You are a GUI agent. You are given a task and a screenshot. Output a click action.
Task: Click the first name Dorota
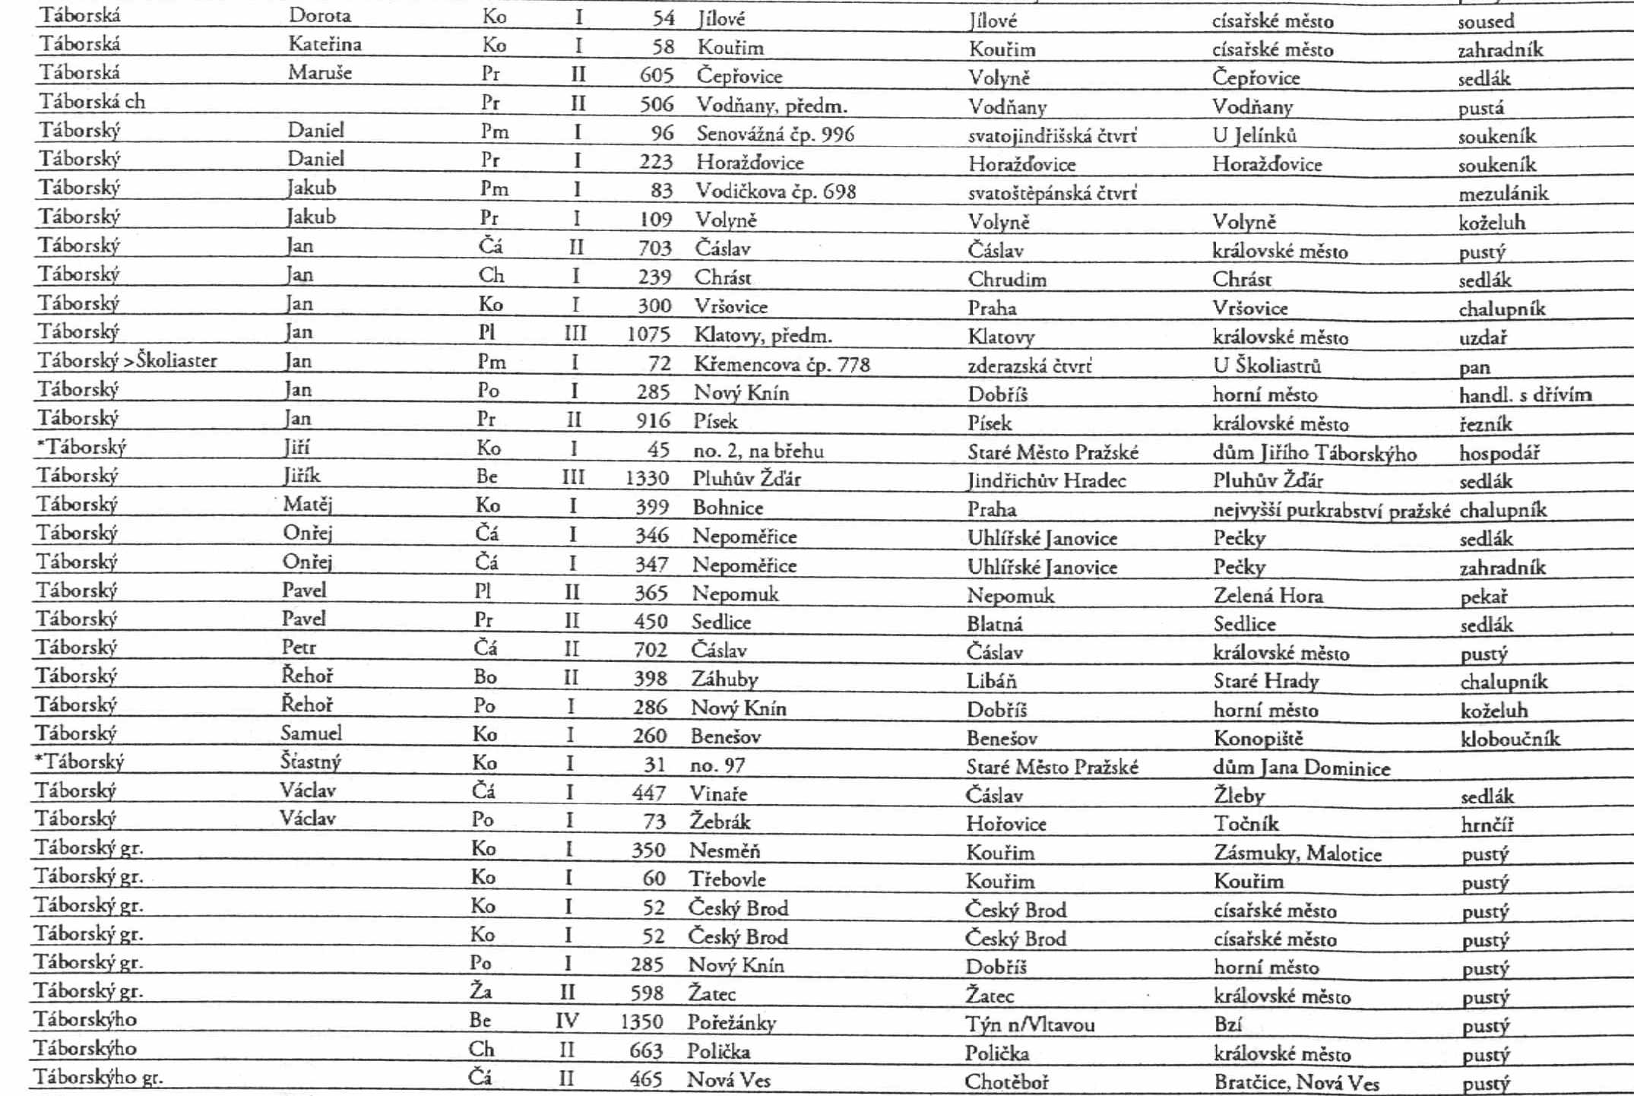pos(319,15)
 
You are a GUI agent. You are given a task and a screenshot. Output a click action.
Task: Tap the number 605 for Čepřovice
pos(656,75)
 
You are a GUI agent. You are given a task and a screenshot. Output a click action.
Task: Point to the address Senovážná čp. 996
pos(774,135)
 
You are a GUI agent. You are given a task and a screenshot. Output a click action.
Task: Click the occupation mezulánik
pos(1503,194)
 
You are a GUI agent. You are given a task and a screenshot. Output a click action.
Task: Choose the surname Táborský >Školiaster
pos(128,360)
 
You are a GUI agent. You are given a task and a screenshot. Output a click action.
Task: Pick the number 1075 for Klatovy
pos(648,334)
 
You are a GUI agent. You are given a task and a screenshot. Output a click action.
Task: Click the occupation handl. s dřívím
pos(1525,394)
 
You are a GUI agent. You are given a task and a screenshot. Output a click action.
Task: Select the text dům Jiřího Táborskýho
pos(1314,453)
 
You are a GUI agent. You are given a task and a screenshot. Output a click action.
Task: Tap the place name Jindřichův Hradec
pos(1046,480)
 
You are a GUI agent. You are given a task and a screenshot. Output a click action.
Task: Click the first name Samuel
pos(311,733)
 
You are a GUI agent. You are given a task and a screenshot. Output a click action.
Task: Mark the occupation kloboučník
pos(1509,739)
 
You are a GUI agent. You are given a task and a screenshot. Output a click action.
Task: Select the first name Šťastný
pos(310,762)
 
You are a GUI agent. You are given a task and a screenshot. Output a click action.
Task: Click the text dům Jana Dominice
pos(1301,768)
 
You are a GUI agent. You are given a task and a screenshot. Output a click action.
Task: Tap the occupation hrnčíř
pos(1487,825)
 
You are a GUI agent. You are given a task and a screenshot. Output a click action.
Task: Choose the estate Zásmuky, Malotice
pos(1297,854)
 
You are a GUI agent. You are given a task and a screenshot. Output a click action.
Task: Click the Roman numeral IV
pos(567,1021)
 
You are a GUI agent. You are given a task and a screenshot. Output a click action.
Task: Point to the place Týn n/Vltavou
pos(1030,1025)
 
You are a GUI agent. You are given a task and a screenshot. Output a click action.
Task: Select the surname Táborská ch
pos(92,102)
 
